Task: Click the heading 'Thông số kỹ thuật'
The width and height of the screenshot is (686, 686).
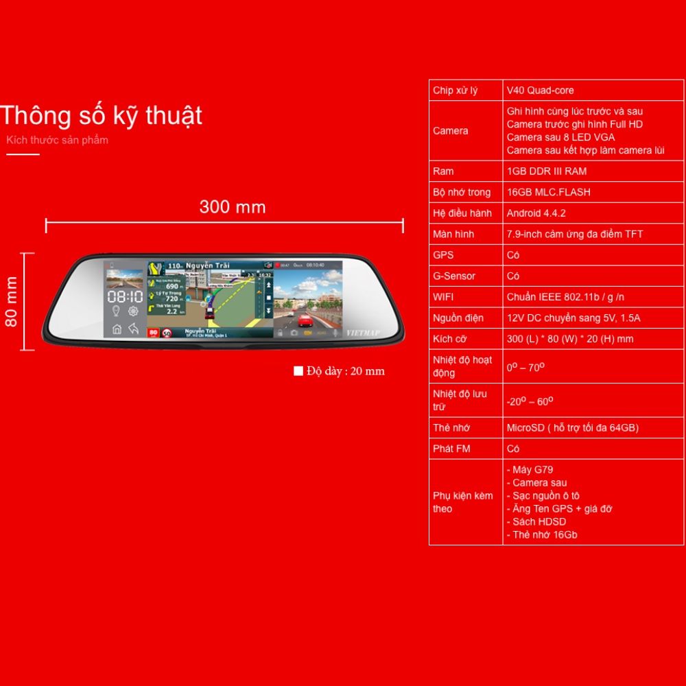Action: (102, 116)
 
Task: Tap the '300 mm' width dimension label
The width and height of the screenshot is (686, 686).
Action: (232, 206)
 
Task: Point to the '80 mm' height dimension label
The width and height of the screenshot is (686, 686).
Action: (12, 302)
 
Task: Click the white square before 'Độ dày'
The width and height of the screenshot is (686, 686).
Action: (298, 371)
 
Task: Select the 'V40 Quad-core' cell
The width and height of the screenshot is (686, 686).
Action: (540, 91)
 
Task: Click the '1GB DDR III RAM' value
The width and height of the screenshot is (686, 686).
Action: (546, 171)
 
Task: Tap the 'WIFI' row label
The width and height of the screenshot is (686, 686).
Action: (444, 297)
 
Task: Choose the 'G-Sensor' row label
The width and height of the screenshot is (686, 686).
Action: (454, 276)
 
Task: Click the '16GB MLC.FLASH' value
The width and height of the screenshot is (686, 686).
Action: (548, 192)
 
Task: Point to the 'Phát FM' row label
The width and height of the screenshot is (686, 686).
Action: (451, 449)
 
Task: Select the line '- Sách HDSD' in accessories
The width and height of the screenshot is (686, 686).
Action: (536, 522)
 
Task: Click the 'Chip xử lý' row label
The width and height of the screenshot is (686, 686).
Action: (455, 91)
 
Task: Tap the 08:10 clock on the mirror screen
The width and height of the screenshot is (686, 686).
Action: (125, 297)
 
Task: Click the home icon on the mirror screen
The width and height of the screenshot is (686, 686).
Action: (117, 329)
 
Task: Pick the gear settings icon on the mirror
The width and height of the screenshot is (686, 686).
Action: (134, 312)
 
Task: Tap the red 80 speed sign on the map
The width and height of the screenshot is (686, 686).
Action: (154, 333)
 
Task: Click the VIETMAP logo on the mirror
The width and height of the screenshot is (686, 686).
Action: (362, 333)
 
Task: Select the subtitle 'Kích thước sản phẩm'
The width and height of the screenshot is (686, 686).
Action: (57, 141)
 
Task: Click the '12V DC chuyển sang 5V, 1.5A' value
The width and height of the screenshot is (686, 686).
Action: (573, 318)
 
